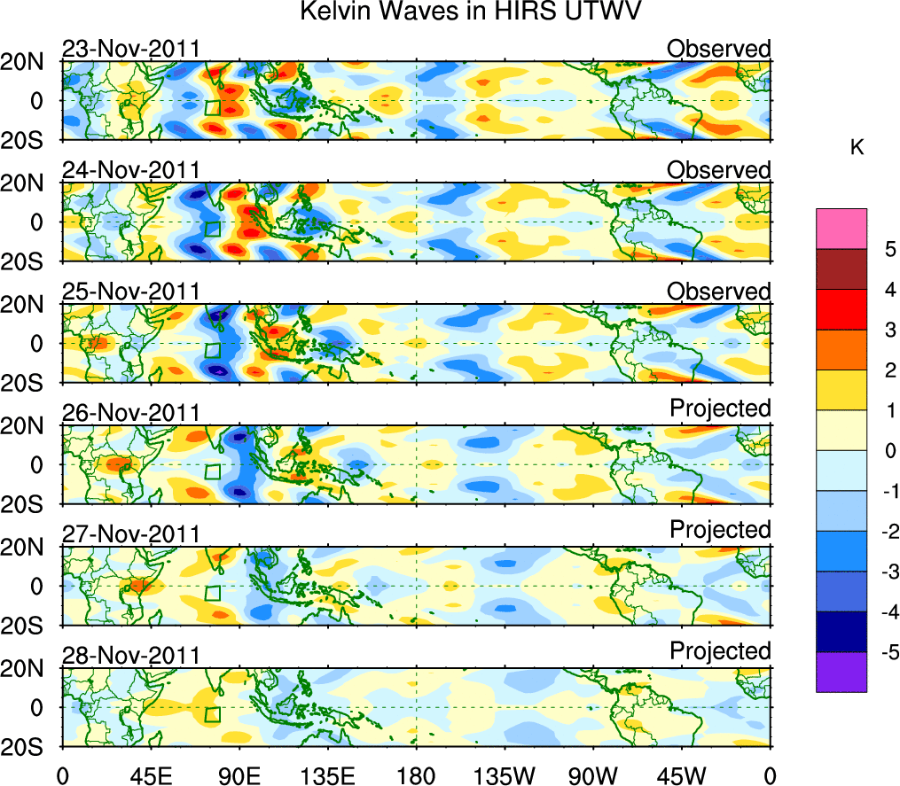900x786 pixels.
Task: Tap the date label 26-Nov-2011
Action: point(130,412)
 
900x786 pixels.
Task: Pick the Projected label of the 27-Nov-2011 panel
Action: point(720,530)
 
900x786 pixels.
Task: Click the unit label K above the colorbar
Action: point(857,148)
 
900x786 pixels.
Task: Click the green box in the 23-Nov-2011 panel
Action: point(212,108)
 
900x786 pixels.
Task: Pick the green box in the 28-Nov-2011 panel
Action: point(212,714)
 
